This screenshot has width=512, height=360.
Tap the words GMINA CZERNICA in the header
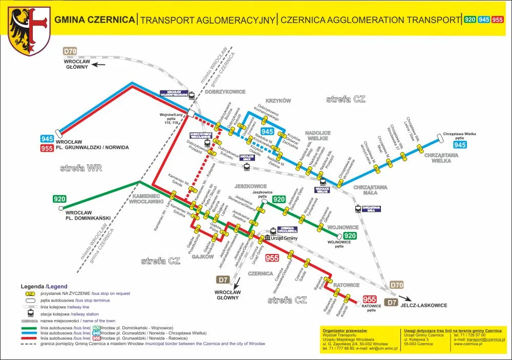95,20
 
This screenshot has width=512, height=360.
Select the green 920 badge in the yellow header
470,20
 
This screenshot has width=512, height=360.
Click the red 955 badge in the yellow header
497,20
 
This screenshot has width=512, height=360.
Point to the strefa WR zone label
81,167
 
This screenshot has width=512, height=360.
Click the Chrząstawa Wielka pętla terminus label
459,136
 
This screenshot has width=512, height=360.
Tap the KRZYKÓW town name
278,101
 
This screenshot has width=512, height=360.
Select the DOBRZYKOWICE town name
225,92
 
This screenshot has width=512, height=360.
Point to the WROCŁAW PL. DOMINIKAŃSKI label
88,215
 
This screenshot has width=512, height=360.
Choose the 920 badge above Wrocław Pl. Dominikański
59,199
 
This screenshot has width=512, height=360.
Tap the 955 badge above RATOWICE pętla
370,299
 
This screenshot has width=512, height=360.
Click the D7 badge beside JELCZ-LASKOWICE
391,303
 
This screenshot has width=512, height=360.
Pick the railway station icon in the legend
31,313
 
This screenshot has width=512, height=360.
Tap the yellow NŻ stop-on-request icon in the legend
31,293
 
